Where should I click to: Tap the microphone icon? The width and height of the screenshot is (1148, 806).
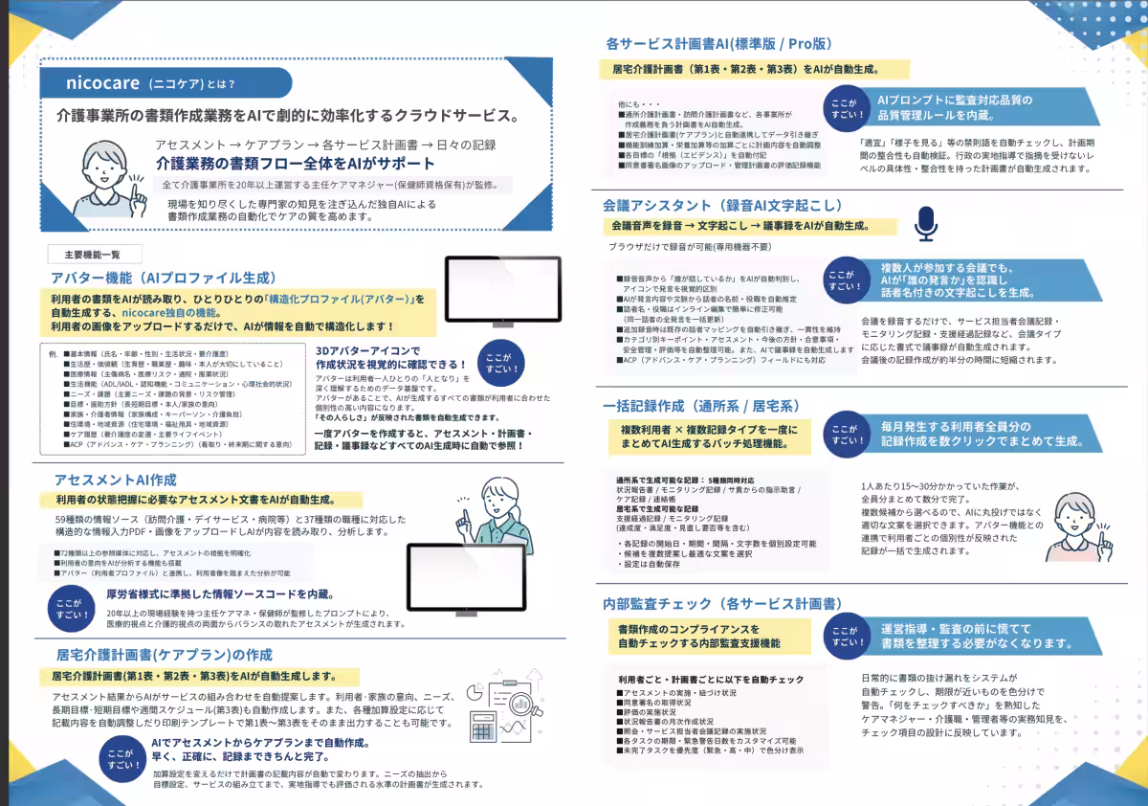(925, 223)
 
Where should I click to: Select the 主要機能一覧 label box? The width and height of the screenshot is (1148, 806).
(94, 255)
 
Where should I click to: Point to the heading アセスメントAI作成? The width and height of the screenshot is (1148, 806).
(115, 480)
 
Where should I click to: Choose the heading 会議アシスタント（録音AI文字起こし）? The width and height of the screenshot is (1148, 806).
(722, 205)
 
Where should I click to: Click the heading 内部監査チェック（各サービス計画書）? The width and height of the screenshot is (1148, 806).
(722, 604)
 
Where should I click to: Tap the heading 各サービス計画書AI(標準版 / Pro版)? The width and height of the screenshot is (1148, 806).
(718, 44)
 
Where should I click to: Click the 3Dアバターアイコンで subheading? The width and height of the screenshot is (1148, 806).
(368, 349)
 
